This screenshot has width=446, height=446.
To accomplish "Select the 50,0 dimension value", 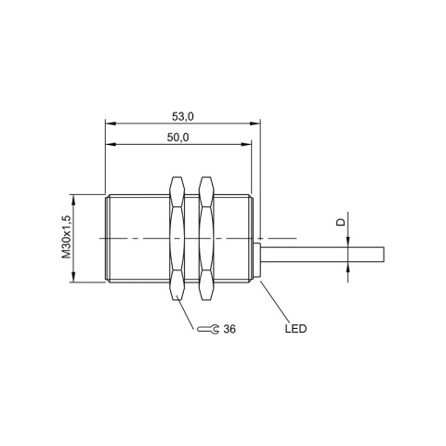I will click(x=178, y=137).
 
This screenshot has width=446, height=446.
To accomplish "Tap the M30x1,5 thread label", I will click(x=66, y=238).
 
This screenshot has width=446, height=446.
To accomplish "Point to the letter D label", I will click(x=340, y=222).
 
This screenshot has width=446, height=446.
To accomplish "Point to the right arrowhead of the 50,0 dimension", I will click(x=247, y=145).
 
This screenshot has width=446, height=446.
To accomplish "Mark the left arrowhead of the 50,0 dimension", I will click(x=110, y=145).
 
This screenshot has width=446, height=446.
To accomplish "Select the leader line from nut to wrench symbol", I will click(x=185, y=315).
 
